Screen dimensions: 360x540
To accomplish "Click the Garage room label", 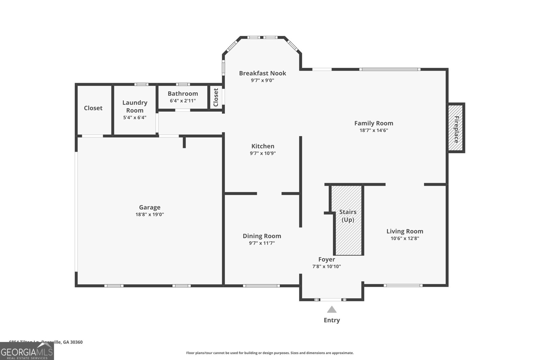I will point(150,207).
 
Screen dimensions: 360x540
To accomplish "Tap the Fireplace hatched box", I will point(456,128).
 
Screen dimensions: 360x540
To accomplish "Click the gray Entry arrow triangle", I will point(332,310).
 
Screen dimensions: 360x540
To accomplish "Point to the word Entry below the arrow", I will point(332,320).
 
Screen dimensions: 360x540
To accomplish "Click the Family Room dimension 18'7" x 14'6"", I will point(374,131).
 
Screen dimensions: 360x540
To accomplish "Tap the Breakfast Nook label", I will point(263,73).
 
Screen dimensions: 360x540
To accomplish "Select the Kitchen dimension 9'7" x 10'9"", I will point(263,153).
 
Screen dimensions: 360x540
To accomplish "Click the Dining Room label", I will point(262,236).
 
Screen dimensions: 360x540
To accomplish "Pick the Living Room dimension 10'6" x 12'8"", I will point(405,239).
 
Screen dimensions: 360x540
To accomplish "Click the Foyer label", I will point(326,259).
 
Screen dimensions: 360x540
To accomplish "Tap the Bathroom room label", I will point(183,93).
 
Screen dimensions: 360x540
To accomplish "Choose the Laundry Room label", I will point(135,106).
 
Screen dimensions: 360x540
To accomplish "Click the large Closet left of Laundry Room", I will point(93,108).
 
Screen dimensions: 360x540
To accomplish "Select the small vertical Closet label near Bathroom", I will point(216,97).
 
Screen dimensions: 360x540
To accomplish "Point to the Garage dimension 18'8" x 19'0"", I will point(150,215).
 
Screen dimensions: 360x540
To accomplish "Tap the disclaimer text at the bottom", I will point(270,353).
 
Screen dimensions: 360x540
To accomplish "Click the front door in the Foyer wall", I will point(331,300).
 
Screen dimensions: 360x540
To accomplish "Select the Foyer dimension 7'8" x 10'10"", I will point(326,267).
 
